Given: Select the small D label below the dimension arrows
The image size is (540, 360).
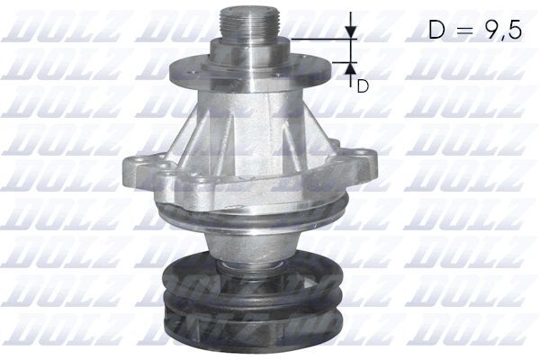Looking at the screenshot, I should [362, 85].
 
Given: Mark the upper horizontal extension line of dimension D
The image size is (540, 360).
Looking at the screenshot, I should [319, 39].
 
